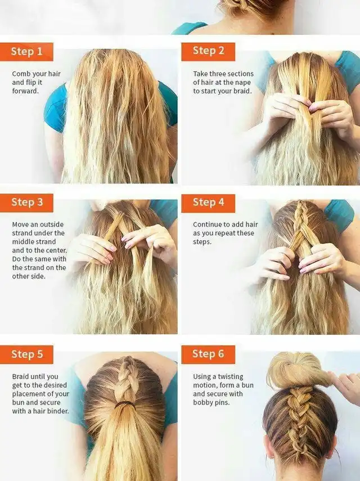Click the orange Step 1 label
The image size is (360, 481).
(26, 52)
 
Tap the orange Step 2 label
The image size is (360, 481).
(208, 52)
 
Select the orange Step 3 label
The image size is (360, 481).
(26, 203)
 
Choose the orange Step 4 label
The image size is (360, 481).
(208, 203)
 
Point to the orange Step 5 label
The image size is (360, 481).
(26, 354)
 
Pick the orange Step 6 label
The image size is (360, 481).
(208, 354)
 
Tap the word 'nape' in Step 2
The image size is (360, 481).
(243, 83)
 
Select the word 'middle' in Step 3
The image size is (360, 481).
(22, 242)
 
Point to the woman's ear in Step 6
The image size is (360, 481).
(267, 453)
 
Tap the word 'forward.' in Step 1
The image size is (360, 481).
(25, 91)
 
